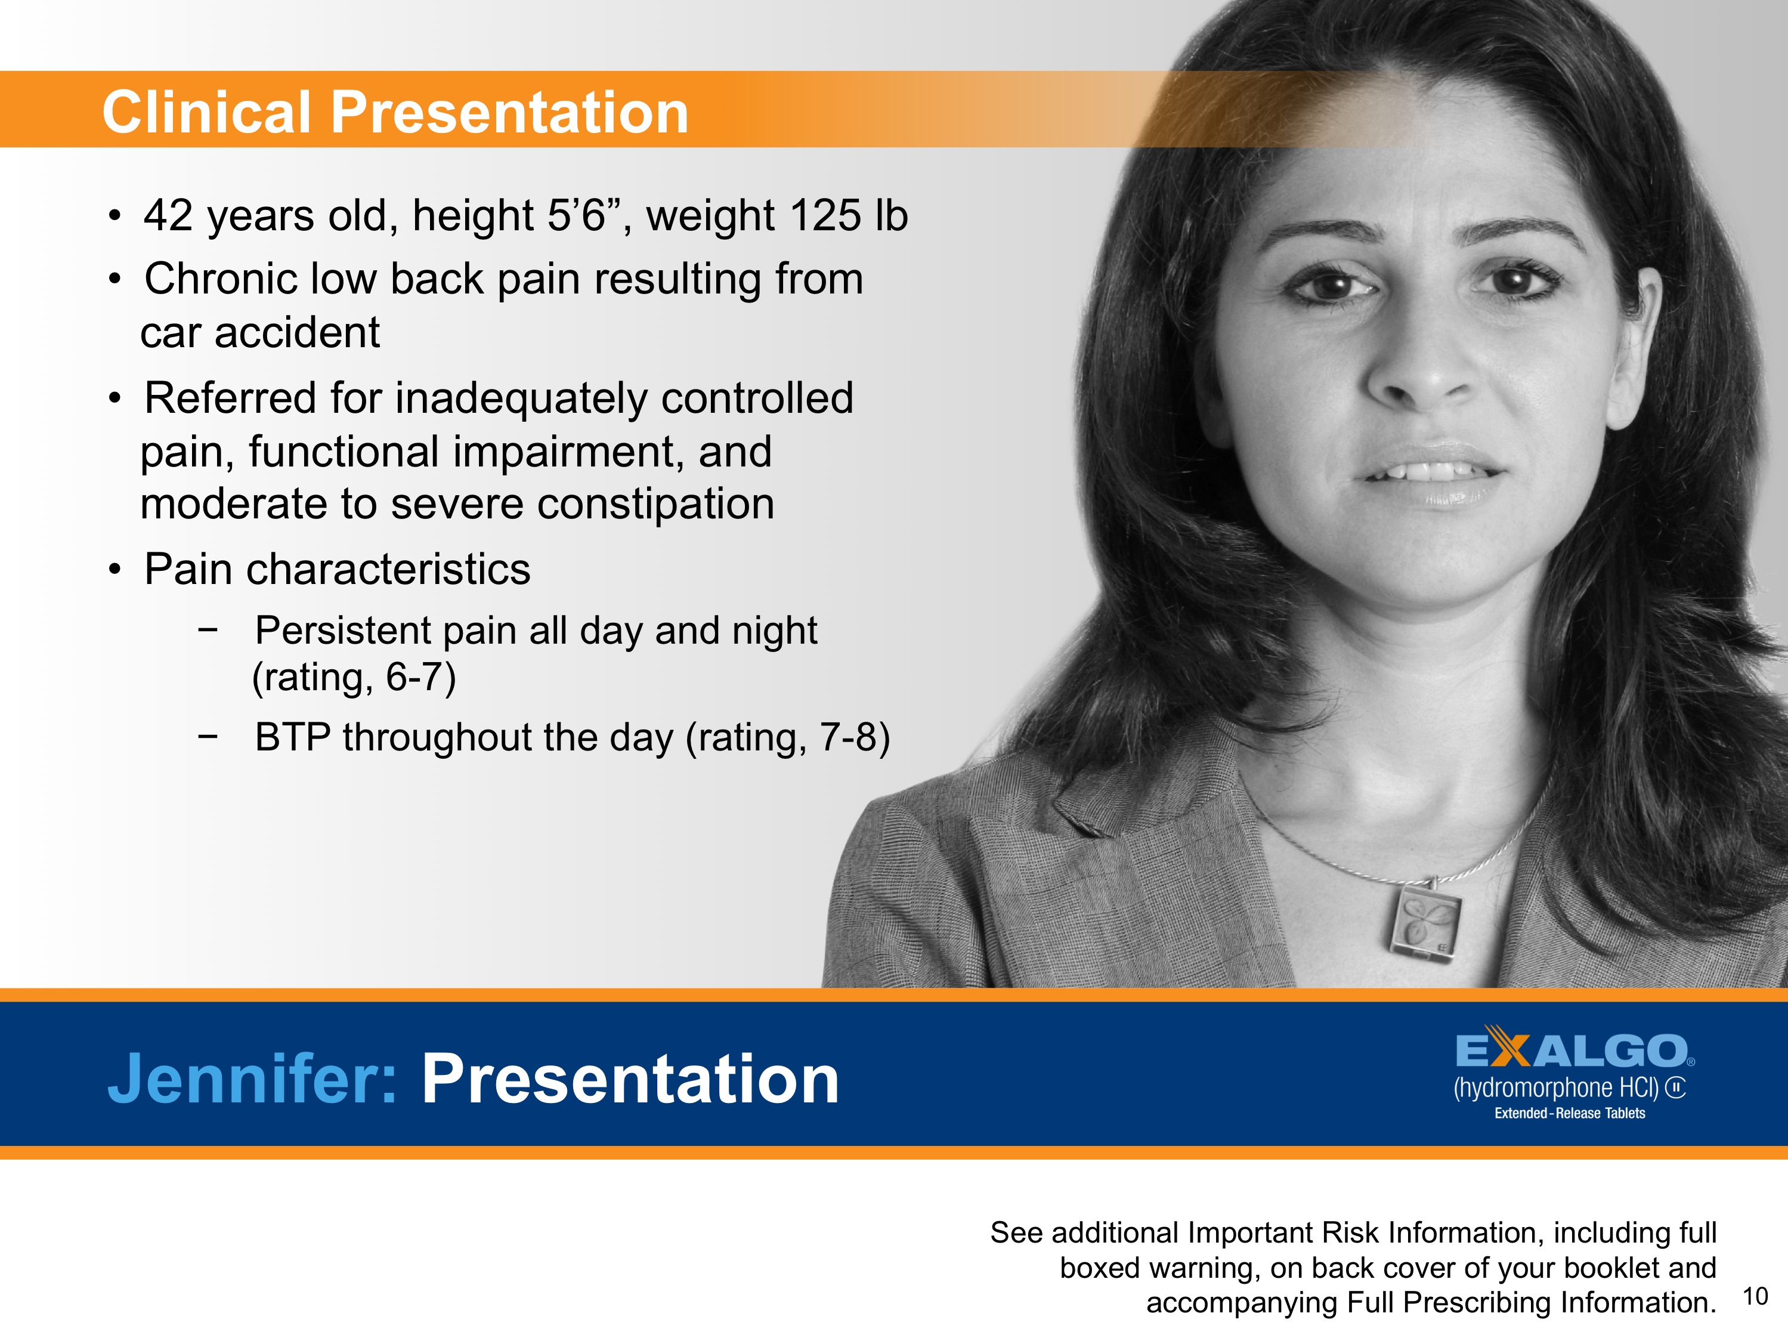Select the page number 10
1755,1296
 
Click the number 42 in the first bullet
168,216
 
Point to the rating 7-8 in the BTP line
846,737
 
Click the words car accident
259,333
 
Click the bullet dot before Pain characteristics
116,570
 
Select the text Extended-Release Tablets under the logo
1569,1114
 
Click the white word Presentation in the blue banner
630,1079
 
